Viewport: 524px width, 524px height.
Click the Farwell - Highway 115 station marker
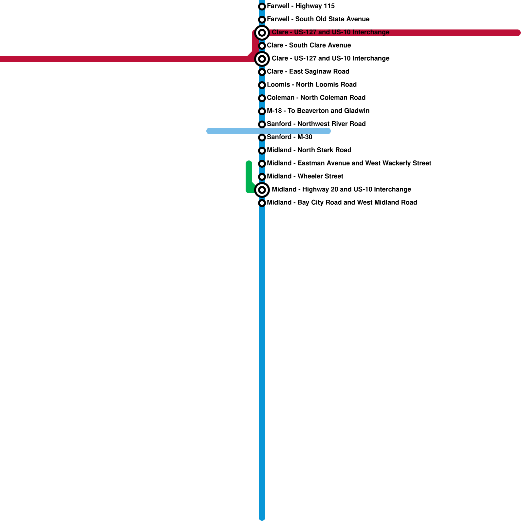(x=262, y=7)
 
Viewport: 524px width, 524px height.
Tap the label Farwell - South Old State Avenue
(x=318, y=19)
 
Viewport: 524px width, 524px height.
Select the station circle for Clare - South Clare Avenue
(x=262, y=46)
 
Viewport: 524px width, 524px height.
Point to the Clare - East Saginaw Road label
(x=308, y=72)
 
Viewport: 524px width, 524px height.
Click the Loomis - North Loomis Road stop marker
(x=262, y=85)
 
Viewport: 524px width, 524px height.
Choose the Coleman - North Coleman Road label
(x=316, y=98)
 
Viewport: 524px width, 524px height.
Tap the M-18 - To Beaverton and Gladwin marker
(x=262, y=111)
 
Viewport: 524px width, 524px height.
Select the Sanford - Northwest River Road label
(x=316, y=124)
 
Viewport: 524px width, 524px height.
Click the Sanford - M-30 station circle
(x=262, y=138)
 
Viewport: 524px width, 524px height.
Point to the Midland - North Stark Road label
(x=309, y=150)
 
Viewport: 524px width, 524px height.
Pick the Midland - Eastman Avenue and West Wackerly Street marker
(x=262, y=164)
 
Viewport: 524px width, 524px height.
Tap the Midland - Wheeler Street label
(x=305, y=177)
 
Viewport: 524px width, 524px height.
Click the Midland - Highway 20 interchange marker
(x=262, y=190)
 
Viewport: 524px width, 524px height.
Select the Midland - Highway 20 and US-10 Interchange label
(x=341, y=190)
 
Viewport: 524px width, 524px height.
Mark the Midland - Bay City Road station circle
(x=262, y=203)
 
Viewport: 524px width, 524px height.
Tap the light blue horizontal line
(x=229, y=131)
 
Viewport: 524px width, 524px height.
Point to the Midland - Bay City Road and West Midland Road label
(x=342, y=203)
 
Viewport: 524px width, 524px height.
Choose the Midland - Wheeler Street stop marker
(x=262, y=177)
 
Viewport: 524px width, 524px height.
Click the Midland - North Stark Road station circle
(x=262, y=151)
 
